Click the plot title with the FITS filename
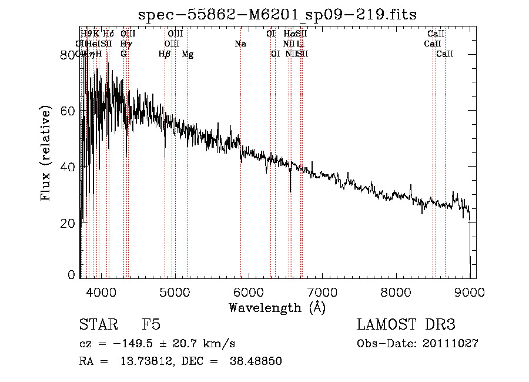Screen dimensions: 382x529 tap(277, 14)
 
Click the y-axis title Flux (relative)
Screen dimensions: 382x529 tap(46, 154)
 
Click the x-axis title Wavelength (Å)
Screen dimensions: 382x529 tap(277, 307)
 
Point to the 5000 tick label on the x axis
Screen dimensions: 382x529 tap(174, 292)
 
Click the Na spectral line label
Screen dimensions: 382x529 tap(240, 44)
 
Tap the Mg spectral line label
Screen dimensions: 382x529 tap(188, 54)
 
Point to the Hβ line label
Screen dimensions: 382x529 tap(165, 54)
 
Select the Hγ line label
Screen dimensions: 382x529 tap(126, 44)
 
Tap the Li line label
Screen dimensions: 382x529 tap(300, 44)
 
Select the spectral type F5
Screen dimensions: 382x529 tap(151, 325)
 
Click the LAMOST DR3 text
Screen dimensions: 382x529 tap(406, 325)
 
